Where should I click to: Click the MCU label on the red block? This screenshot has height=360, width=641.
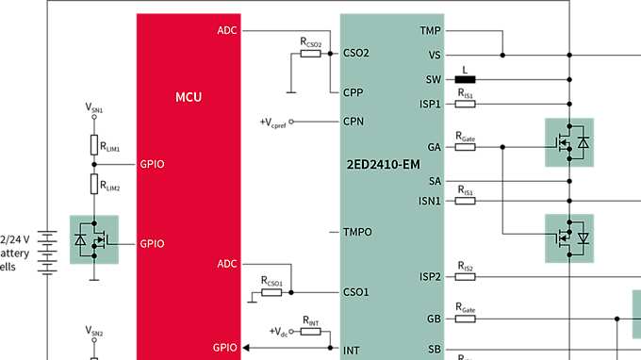pos(189,96)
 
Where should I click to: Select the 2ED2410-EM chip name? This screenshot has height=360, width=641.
pos(382,166)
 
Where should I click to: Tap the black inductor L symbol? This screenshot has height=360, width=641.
pos(465,79)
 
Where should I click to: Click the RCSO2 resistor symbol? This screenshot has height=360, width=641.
pos(311,54)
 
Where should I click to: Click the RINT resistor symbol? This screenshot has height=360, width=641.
pos(312,332)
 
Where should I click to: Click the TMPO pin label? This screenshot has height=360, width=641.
pos(357,232)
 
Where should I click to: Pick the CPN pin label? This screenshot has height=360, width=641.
pos(353,122)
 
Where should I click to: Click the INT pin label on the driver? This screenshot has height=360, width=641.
pos(352,350)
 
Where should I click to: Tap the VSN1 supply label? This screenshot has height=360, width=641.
pos(94,109)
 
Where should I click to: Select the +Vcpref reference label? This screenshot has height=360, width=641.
pos(271,122)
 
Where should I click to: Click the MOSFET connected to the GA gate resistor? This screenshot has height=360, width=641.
pos(569,142)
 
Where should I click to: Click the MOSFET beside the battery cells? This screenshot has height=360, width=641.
pos(94,239)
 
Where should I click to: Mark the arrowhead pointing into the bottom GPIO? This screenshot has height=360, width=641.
pos(247,349)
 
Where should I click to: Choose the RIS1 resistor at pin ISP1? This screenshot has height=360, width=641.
pos(466,104)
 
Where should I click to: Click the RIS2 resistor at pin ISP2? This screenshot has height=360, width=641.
pos(466,276)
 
